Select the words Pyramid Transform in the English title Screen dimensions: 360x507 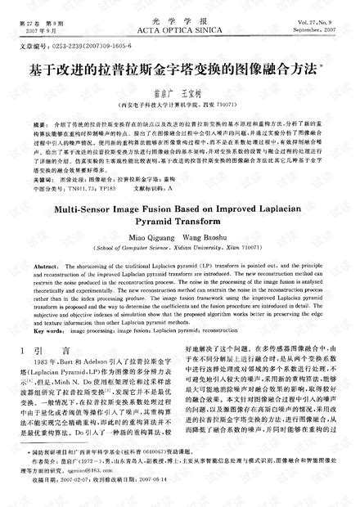point(178,226)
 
